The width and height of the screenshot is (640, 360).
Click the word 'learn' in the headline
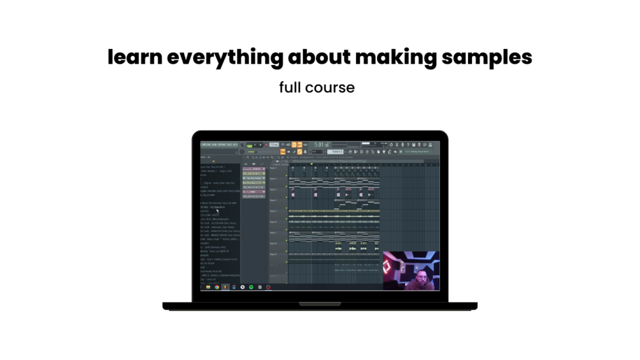(134, 57)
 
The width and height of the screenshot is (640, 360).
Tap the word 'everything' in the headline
(225, 57)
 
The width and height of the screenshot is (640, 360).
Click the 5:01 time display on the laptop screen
(319, 145)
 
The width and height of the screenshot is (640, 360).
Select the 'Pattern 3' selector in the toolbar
(336, 152)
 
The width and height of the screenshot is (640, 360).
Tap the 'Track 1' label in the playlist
(273, 168)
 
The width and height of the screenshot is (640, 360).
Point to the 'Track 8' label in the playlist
(273, 243)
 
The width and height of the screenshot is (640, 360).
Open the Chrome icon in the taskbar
(217, 287)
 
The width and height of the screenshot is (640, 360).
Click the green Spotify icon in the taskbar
(251, 287)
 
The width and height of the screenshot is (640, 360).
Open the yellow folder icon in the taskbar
(208, 287)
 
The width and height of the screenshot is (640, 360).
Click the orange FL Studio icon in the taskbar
(225, 287)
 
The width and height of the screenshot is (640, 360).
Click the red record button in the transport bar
(266, 145)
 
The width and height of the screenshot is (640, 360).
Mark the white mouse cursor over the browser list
(217, 211)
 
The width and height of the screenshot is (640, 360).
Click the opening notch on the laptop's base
(320, 304)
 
